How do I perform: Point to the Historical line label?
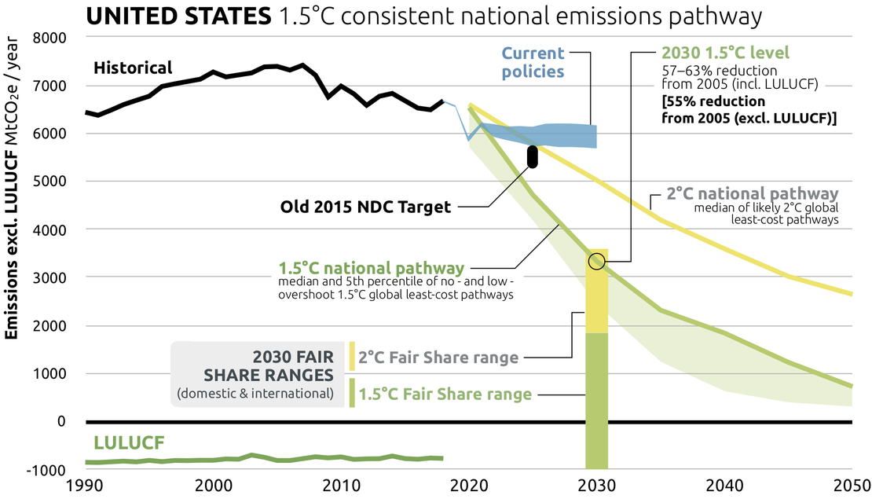[x=132, y=68]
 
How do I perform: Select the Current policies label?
[x=533, y=63]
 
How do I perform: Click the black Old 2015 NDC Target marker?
[x=532, y=156]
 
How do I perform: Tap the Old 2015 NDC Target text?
[x=366, y=207]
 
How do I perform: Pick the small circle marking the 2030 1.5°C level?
[x=596, y=261]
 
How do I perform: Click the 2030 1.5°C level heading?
[x=725, y=53]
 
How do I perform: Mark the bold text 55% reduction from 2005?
[x=748, y=110]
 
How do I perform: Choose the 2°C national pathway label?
[x=752, y=194]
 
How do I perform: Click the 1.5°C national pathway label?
[x=371, y=267]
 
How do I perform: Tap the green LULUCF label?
[x=129, y=443]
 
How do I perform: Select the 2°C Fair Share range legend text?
[x=438, y=358]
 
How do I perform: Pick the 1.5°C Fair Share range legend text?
[x=445, y=393]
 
